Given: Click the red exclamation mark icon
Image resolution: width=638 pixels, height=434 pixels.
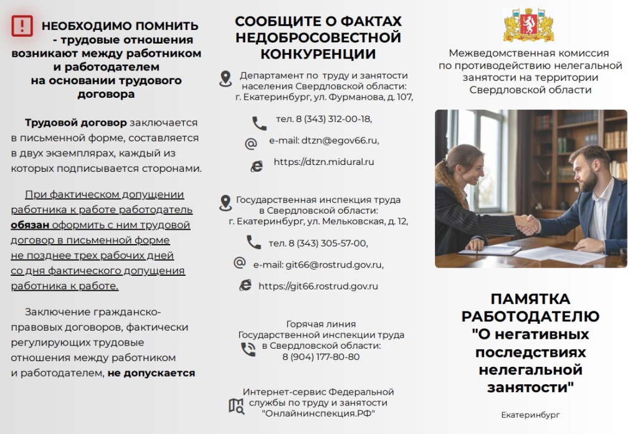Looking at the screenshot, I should point(22,26).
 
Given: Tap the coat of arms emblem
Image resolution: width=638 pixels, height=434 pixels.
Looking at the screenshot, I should point(528,26).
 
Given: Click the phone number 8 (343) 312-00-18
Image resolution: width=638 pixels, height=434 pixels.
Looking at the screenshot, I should point(323,119).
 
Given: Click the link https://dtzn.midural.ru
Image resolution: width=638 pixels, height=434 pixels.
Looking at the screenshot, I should point(324,162).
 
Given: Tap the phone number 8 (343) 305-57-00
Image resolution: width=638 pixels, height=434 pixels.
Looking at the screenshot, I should point(318,243).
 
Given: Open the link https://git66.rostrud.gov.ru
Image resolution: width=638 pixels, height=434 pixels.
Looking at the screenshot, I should point(318,286).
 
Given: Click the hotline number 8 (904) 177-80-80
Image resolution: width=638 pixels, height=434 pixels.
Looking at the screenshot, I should point(321,357).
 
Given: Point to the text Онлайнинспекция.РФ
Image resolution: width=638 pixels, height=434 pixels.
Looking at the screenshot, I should point(318,413).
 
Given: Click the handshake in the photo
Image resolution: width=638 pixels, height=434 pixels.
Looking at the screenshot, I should point(526,224).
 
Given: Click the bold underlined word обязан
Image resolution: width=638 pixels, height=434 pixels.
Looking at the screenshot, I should point(30,225).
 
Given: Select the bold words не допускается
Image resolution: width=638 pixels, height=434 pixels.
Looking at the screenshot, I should point(151,373).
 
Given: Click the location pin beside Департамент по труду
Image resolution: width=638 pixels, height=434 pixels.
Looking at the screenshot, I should point(226,78).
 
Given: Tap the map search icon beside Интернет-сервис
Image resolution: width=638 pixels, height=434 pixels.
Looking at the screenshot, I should point(236,406).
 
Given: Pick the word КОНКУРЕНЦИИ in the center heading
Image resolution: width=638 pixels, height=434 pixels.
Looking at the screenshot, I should point(318,54).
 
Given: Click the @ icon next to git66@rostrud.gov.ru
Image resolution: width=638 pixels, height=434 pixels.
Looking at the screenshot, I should point(239,263).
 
